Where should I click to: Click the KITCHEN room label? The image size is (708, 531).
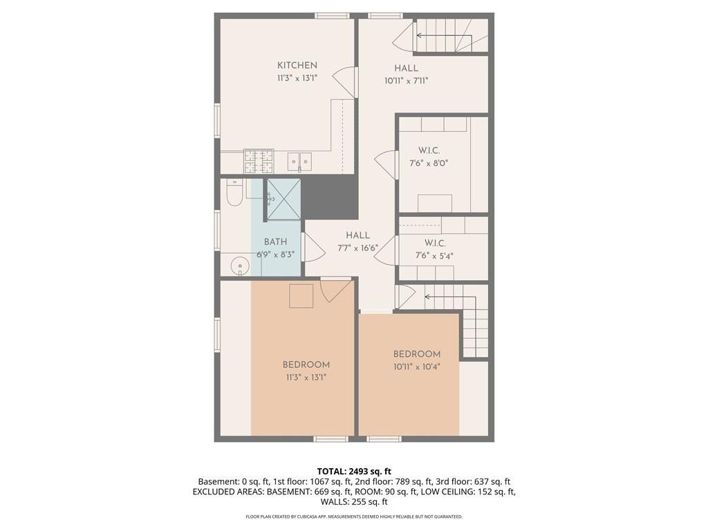pos(297,66)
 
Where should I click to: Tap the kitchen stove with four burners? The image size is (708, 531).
pos(259,161)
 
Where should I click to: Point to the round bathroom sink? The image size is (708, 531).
pos(239,265)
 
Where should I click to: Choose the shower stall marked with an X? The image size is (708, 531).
pos(283,199)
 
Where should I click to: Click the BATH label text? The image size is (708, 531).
pos(275,242)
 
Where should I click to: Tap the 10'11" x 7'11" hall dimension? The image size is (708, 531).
pos(406,82)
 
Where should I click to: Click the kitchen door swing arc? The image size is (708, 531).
pos(342,82)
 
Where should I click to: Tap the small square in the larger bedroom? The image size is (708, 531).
pos(301,296)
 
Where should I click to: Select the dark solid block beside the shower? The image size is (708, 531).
pos(329,198)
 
